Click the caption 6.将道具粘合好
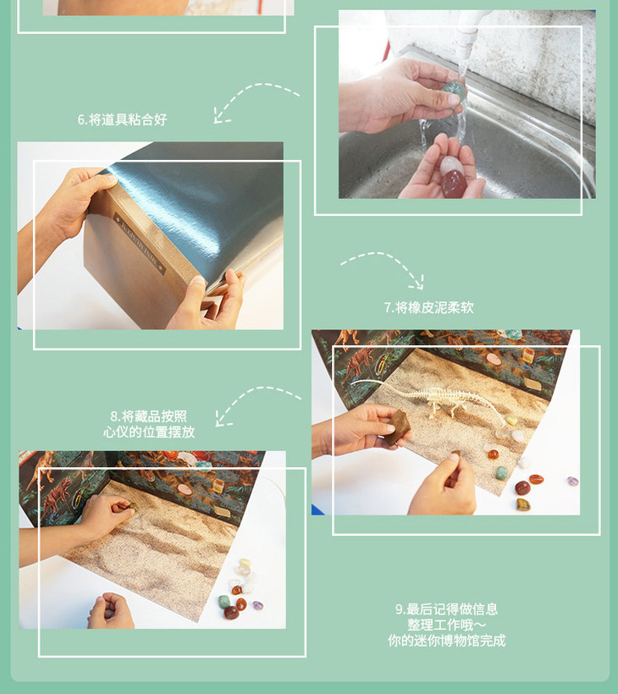tap(122, 119)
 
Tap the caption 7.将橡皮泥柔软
tap(428, 307)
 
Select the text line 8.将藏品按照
tap(149, 416)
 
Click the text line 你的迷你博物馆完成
tap(446, 641)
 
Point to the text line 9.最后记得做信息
tap(446, 609)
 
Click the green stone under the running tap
tap(453, 91)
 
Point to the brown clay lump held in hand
tap(397, 427)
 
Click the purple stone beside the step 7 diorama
tap(572, 481)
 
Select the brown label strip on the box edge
tap(140, 244)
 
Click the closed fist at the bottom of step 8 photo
tap(111, 611)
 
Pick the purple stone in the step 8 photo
tap(257, 605)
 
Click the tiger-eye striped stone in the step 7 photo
tap(523, 504)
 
